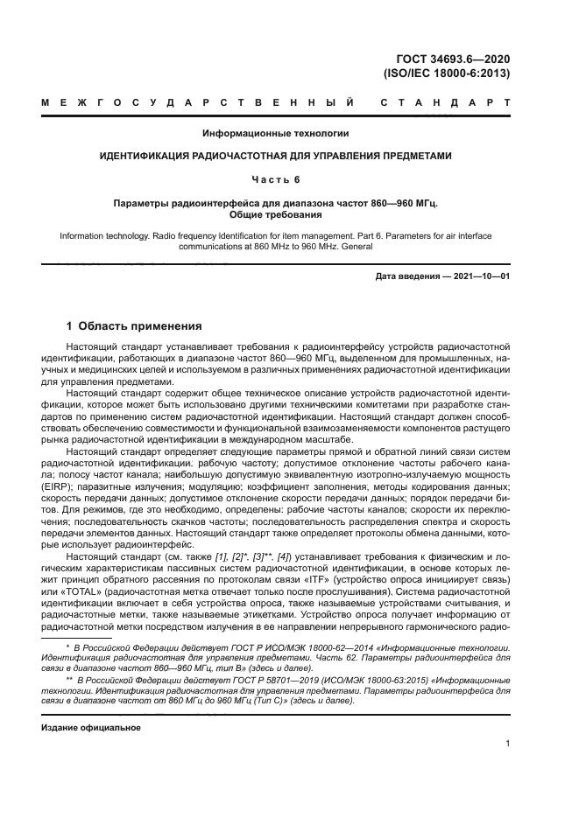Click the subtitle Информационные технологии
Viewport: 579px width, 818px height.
click(x=276, y=133)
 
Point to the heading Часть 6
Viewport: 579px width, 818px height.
click(x=276, y=179)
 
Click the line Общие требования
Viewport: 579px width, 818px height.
click(x=276, y=213)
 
